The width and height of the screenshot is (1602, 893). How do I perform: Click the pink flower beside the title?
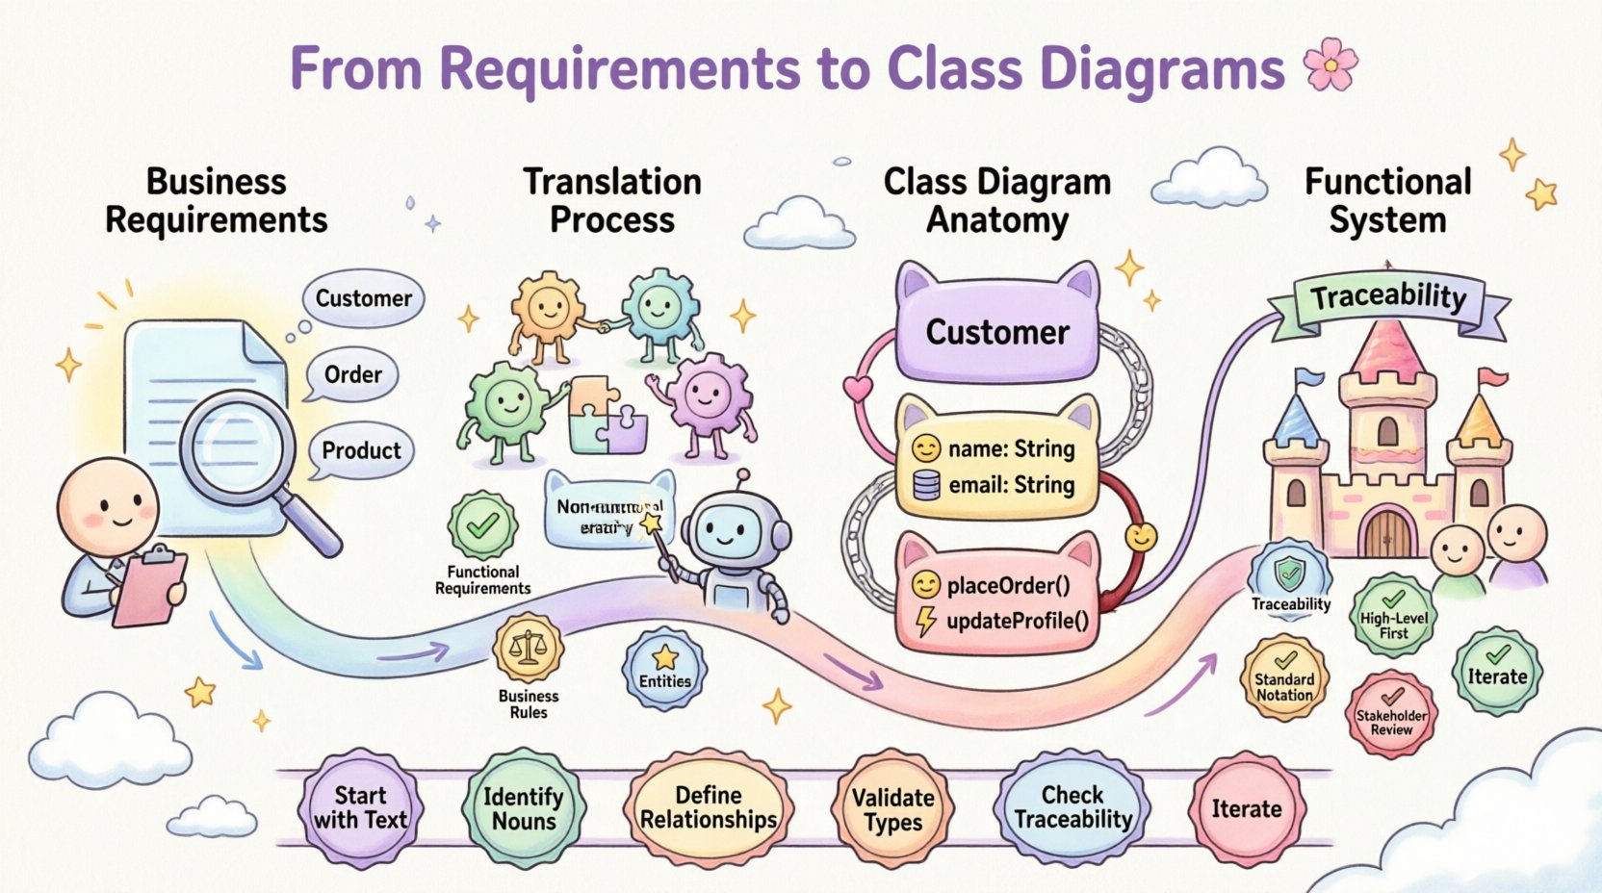tap(1331, 65)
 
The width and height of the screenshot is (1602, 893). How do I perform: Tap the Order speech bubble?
tap(352, 374)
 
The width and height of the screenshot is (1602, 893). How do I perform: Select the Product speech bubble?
tap(361, 450)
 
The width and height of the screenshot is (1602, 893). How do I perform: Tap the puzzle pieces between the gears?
tap(607, 416)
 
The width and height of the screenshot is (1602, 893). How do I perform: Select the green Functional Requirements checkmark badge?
tap(482, 525)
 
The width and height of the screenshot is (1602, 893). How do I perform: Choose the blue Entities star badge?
tap(664, 668)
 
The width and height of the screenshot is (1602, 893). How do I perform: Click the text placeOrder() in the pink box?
tap(1008, 585)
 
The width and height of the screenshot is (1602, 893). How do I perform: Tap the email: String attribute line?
tap(1011, 485)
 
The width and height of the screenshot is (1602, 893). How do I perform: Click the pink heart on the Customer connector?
tap(857, 388)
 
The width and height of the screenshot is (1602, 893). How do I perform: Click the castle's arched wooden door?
tap(1387, 533)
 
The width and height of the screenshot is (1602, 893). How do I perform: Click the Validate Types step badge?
tap(892, 809)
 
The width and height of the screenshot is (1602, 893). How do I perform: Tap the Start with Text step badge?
tap(360, 808)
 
